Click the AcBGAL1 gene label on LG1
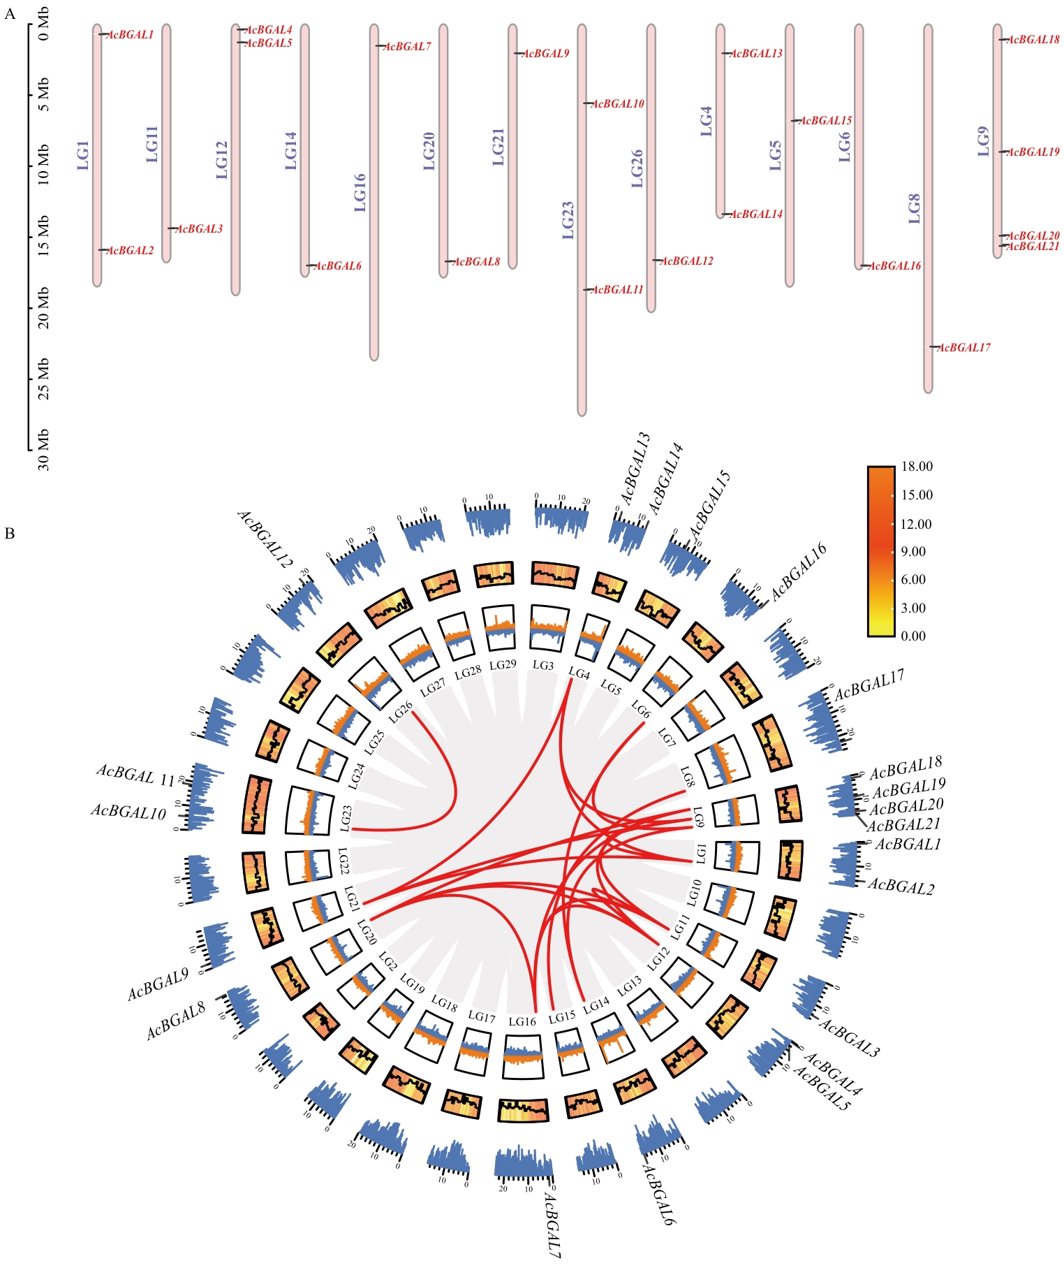click(x=131, y=35)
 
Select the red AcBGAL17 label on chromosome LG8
click(x=964, y=348)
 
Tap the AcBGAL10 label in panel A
click(x=618, y=104)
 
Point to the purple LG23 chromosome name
click(x=568, y=221)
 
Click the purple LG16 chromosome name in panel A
click(x=360, y=193)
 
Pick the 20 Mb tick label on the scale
click(x=44, y=309)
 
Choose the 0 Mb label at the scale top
click(x=44, y=31)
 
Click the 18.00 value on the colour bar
click(x=917, y=467)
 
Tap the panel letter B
click(x=10, y=534)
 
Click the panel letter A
click(x=10, y=14)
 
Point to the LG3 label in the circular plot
click(x=543, y=665)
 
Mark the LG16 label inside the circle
click(x=522, y=1021)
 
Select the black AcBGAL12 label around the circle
click(x=265, y=539)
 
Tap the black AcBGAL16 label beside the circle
click(x=799, y=571)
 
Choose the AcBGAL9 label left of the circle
click(x=158, y=984)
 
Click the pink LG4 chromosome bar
click(x=721, y=121)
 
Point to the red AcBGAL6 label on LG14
click(x=339, y=266)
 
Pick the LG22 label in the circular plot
click(x=343, y=861)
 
